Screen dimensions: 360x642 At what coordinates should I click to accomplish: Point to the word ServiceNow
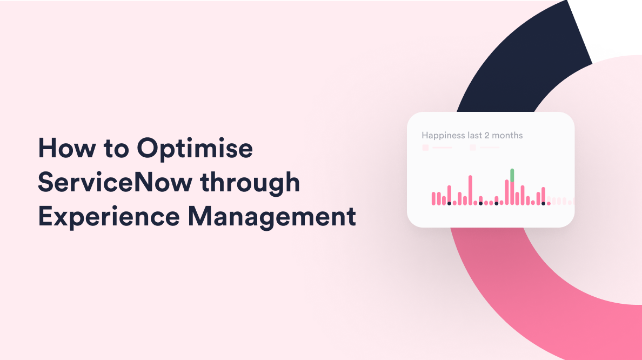115,183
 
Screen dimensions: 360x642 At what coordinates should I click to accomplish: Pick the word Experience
109,217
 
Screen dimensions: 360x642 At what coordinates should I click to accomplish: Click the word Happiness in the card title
443,135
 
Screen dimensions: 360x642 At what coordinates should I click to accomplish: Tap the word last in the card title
476,135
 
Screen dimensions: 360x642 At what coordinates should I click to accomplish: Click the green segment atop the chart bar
512,175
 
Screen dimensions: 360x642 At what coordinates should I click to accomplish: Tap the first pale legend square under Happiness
425,148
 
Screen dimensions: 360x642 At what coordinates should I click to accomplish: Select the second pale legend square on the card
473,148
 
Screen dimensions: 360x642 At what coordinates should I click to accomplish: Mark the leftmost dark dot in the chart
449,203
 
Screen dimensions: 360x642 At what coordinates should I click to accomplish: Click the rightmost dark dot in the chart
543,203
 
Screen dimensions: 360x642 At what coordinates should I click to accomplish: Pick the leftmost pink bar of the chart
433,198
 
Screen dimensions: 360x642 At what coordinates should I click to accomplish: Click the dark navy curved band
519,59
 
